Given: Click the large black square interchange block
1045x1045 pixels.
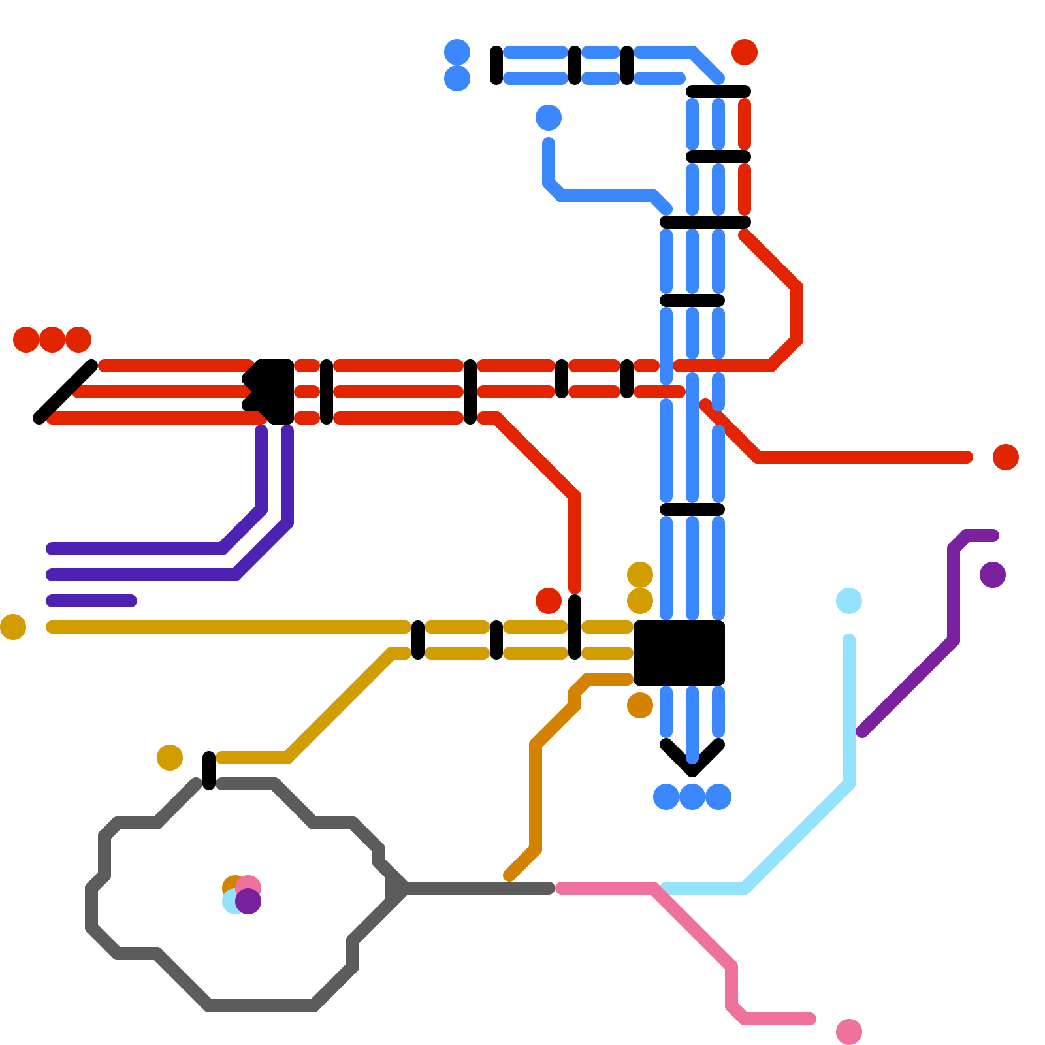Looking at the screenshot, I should click(679, 653).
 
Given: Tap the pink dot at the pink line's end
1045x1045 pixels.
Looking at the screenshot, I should click(849, 1032).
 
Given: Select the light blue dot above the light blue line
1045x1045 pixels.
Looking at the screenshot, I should click(849, 601).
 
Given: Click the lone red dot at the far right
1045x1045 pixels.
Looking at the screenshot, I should click(1006, 457).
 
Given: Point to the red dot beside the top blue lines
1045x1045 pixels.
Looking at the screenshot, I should click(745, 52).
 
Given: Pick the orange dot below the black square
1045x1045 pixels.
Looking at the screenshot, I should click(640, 705).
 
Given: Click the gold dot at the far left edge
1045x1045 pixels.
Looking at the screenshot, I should click(13, 627).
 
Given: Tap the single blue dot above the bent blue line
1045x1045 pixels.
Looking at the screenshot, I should click(549, 118).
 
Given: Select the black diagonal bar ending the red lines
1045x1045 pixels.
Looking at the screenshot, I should click(65, 392).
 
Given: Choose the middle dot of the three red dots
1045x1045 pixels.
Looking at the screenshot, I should click(52, 340).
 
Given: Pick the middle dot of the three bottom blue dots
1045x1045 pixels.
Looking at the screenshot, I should click(692, 797).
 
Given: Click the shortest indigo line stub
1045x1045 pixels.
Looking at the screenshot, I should click(91, 601).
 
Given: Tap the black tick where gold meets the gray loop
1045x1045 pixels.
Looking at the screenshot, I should click(209, 771).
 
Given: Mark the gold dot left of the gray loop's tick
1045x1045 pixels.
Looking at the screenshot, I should click(170, 758).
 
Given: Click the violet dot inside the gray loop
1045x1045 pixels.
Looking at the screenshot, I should click(249, 902).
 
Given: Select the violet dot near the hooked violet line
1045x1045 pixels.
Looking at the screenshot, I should click(993, 575).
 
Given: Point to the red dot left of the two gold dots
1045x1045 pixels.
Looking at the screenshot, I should click(549, 601).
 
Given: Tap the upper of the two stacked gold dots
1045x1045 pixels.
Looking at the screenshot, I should click(640, 575).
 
